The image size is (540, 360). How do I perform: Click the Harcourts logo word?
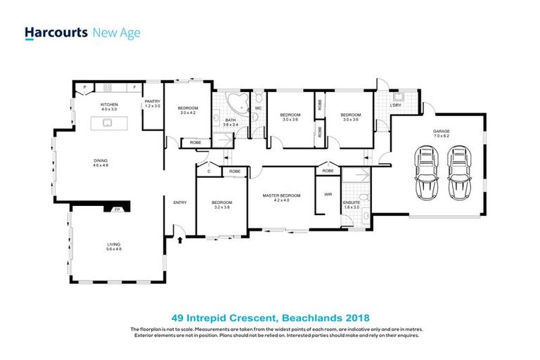click(56, 32)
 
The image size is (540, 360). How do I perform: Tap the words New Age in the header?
click(117, 32)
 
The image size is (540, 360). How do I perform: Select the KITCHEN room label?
click(108, 106)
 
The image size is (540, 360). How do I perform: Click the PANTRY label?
click(153, 103)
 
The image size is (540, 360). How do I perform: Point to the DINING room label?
click(101, 162)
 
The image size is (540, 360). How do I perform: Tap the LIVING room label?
click(104, 246)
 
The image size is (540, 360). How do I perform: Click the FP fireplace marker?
click(110, 209)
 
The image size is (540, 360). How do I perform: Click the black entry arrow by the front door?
click(181, 240)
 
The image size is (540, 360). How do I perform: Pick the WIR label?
click(328, 193)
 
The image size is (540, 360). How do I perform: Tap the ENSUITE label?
click(352, 205)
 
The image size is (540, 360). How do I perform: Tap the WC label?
click(258, 108)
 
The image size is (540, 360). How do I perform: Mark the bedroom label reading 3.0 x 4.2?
click(188, 111)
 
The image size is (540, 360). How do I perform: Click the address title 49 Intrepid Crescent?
click(270, 317)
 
